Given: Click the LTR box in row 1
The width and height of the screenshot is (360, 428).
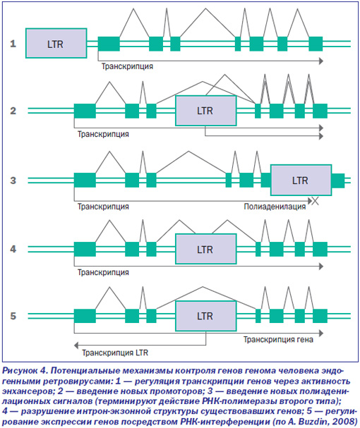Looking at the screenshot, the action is click(x=56, y=43).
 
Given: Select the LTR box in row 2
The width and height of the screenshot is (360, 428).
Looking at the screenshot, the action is click(x=206, y=111).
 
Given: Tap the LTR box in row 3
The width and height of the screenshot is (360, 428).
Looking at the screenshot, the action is click(x=301, y=180).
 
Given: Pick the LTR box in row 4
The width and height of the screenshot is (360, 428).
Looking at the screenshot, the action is click(x=206, y=249).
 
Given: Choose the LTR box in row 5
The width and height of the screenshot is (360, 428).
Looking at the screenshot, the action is click(x=206, y=316).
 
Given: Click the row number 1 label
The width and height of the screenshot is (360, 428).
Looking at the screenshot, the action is click(x=13, y=44).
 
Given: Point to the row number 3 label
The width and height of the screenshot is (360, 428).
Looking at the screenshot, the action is click(x=13, y=181).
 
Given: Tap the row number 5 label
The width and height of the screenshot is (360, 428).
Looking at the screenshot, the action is click(x=13, y=316).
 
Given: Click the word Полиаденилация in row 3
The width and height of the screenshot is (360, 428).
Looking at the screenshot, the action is click(x=275, y=207).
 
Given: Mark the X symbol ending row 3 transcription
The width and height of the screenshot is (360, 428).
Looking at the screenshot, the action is click(x=316, y=201).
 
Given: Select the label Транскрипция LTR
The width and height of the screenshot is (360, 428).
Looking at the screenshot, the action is click(x=115, y=353).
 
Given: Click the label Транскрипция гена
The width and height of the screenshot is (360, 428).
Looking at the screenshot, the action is click(x=278, y=340).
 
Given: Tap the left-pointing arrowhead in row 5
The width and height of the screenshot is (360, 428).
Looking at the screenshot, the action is click(x=76, y=346).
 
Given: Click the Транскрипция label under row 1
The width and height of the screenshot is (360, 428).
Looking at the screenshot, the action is click(x=127, y=66).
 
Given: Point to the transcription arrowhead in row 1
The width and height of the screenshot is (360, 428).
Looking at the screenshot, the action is click(x=321, y=61).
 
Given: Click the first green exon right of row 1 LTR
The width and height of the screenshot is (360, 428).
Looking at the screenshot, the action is click(x=109, y=44).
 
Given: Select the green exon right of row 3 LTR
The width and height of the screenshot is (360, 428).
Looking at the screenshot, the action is click(x=338, y=181).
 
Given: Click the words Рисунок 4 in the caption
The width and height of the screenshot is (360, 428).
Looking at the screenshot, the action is click(x=25, y=370).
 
